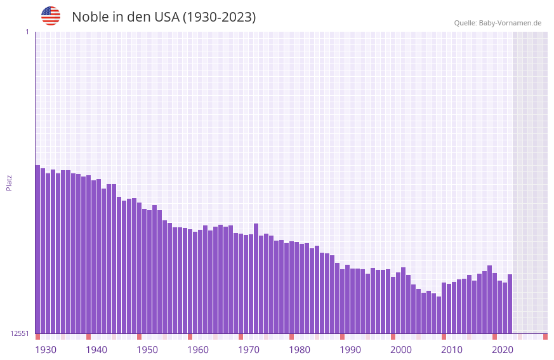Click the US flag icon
coord(51,16)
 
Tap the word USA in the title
coord(167,17)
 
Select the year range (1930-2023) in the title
coord(220,17)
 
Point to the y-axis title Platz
coord(9,182)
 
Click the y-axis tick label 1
coord(27,32)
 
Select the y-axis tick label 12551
coord(20,333)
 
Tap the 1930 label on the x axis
coord(46,350)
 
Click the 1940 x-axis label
coord(96,350)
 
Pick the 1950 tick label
coord(147,350)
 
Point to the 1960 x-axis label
coord(198,350)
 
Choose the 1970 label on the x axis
coord(249,350)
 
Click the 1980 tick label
coord(300,350)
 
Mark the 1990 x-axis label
coord(350,350)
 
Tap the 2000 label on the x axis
coord(401,350)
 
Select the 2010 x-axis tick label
coord(452,350)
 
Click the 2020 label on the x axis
coord(503,350)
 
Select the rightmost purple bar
coord(510,303)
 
